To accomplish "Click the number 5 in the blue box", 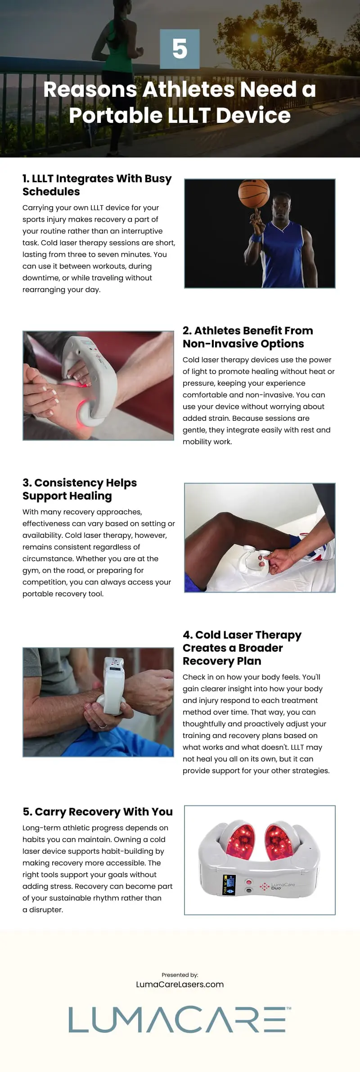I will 180,49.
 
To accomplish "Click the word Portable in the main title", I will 115,115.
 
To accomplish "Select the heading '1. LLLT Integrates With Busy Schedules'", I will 97,185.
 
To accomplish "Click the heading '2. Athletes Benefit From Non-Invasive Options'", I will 247,337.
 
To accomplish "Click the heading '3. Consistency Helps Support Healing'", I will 80,489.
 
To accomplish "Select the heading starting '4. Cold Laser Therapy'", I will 242,648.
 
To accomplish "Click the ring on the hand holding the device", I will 103,726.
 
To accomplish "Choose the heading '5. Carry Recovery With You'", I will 98,811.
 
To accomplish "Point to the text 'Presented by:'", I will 180,975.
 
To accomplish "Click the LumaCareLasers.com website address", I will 180,984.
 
